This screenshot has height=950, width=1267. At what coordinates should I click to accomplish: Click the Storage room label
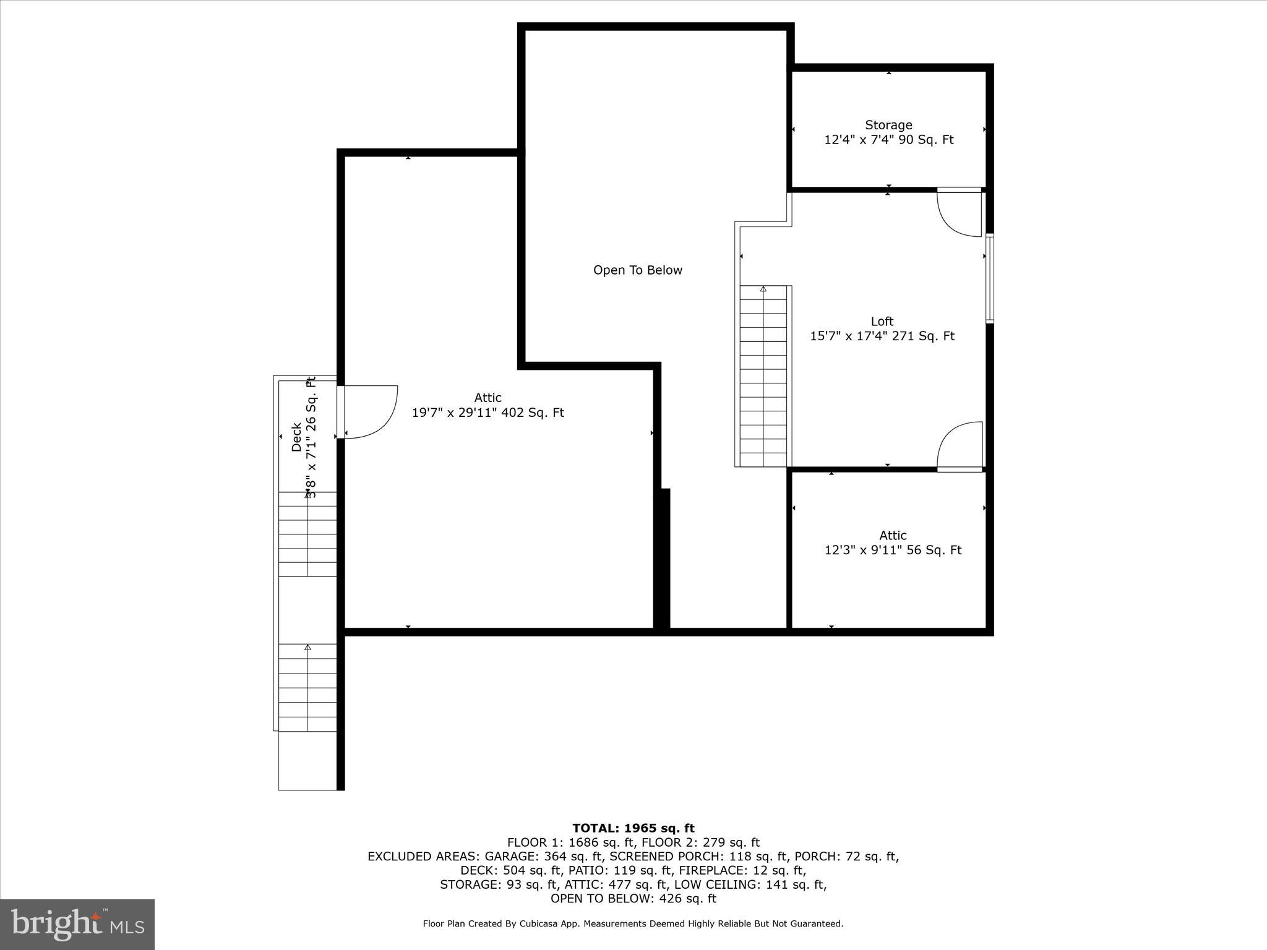(x=888, y=132)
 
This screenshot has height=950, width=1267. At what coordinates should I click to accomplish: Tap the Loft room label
(x=882, y=328)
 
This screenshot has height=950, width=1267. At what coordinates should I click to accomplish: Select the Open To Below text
(x=638, y=270)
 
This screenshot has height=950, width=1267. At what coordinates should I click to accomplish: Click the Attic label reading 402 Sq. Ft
(x=487, y=405)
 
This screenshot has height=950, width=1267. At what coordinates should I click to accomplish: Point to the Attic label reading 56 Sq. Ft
(x=893, y=542)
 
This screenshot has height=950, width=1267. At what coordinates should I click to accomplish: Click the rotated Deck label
(x=304, y=437)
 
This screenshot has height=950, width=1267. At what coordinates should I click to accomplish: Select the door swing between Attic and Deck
(x=371, y=411)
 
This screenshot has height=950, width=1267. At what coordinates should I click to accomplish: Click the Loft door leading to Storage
(x=959, y=212)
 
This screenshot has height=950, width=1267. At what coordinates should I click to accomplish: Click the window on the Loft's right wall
(x=989, y=278)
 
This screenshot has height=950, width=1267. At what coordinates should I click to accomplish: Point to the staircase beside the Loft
(x=763, y=375)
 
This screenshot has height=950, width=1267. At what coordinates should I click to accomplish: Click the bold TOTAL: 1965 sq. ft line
(x=633, y=828)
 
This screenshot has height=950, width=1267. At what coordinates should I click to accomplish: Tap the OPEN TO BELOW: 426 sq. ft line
(x=633, y=899)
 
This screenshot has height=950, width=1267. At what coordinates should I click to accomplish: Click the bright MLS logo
(x=77, y=925)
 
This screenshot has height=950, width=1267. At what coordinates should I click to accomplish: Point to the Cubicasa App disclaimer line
(x=633, y=923)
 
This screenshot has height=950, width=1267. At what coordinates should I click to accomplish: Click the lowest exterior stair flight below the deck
(x=307, y=687)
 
